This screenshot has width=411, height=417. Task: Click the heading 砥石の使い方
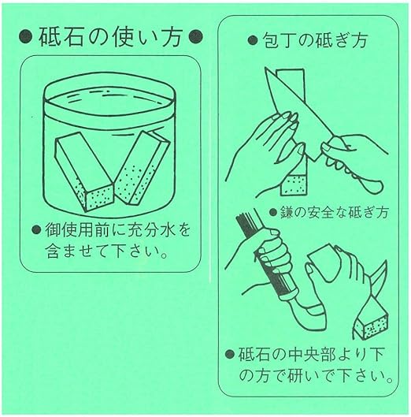(x=107, y=35)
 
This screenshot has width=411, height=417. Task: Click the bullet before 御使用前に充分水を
(x=36, y=231)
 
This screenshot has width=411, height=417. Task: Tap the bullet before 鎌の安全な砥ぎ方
(x=272, y=212)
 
